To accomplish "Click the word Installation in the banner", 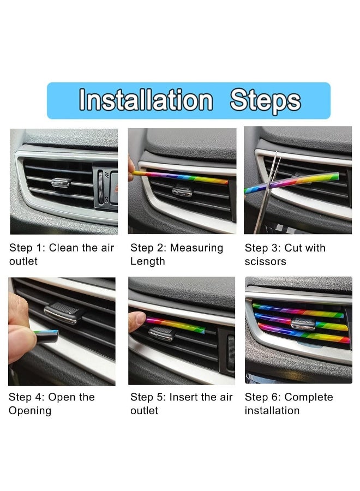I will click(x=146, y=100).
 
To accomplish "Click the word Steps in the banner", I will click(x=265, y=100).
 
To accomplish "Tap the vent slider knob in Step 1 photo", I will click(x=61, y=182).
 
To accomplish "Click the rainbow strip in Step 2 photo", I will click(x=180, y=177).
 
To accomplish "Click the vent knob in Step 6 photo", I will click(x=303, y=324).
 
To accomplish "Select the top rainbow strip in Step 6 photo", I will click(x=297, y=311).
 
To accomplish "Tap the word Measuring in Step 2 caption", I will click(x=196, y=249).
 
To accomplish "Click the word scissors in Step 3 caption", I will click(x=265, y=262).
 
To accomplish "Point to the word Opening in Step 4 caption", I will click(x=30, y=411).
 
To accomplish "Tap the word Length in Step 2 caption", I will click(x=147, y=262).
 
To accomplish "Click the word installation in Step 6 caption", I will click(x=272, y=411).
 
